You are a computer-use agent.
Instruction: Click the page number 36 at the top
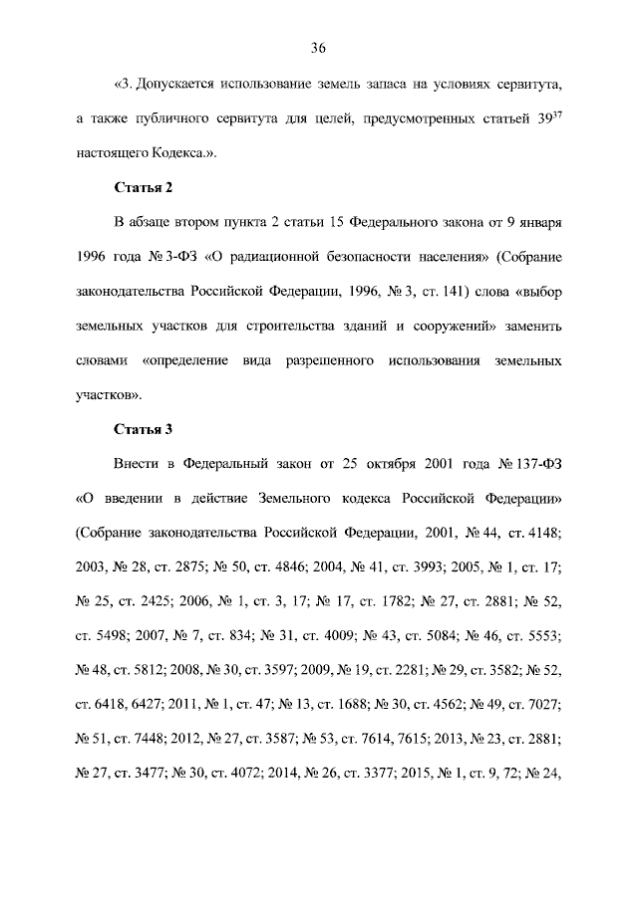click(318, 48)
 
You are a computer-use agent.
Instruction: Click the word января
click(540, 222)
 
